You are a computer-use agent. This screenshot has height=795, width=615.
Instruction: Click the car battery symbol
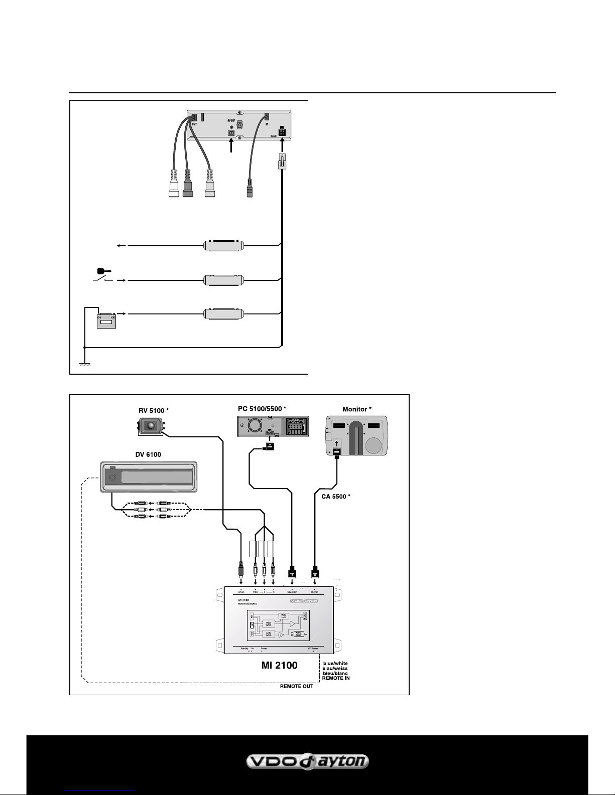click(x=106, y=320)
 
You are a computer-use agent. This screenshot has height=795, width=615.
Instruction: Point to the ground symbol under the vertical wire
click(x=85, y=365)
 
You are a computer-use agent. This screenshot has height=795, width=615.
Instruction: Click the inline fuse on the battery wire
click(x=223, y=314)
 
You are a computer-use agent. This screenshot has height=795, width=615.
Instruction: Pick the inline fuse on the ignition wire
click(x=223, y=280)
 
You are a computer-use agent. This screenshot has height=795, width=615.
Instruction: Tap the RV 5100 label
click(x=153, y=411)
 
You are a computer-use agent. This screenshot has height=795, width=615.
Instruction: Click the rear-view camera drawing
click(x=151, y=427)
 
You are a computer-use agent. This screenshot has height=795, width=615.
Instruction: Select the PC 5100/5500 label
click(x=262, y=409)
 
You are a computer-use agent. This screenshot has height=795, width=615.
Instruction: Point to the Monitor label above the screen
click(x=357, y=409)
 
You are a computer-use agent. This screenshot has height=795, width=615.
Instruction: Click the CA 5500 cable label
click(x=335, y=497)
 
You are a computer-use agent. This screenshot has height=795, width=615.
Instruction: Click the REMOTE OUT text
click(x=296, y=686)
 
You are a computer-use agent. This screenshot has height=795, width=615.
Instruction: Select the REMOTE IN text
click(x=336, y=678)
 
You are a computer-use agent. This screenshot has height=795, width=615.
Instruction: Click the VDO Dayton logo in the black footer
click(x=307, y=762)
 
